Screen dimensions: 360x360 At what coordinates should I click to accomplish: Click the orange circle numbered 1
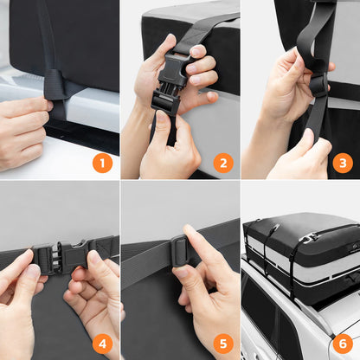(x=102, y=164)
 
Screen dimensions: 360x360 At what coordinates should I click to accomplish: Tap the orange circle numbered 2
(x=223, y=164)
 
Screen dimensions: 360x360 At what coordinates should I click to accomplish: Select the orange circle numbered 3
(x=343, y=164)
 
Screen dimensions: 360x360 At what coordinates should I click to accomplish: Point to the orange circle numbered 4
(x=102, y=344)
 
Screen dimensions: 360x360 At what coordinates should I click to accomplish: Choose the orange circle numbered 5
(x=223, y=344)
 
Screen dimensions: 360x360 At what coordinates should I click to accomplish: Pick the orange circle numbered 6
(x=343, y=344)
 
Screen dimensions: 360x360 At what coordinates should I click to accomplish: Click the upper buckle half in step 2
(x=174, y=68)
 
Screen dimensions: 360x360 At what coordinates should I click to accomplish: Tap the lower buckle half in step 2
(x=165, y=102)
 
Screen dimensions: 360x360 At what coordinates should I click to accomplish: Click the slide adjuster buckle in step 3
(x=318, y=85)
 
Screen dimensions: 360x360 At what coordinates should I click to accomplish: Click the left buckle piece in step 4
(x=46, y=259)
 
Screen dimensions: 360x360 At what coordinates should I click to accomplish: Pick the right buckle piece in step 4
(x=76, y=253)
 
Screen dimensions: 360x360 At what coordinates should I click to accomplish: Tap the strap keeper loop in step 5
(x=180, y=250)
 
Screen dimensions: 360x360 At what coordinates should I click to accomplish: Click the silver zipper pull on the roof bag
(x=310, y=238)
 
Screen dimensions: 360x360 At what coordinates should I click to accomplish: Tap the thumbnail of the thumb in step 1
(x=49, y=106)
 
